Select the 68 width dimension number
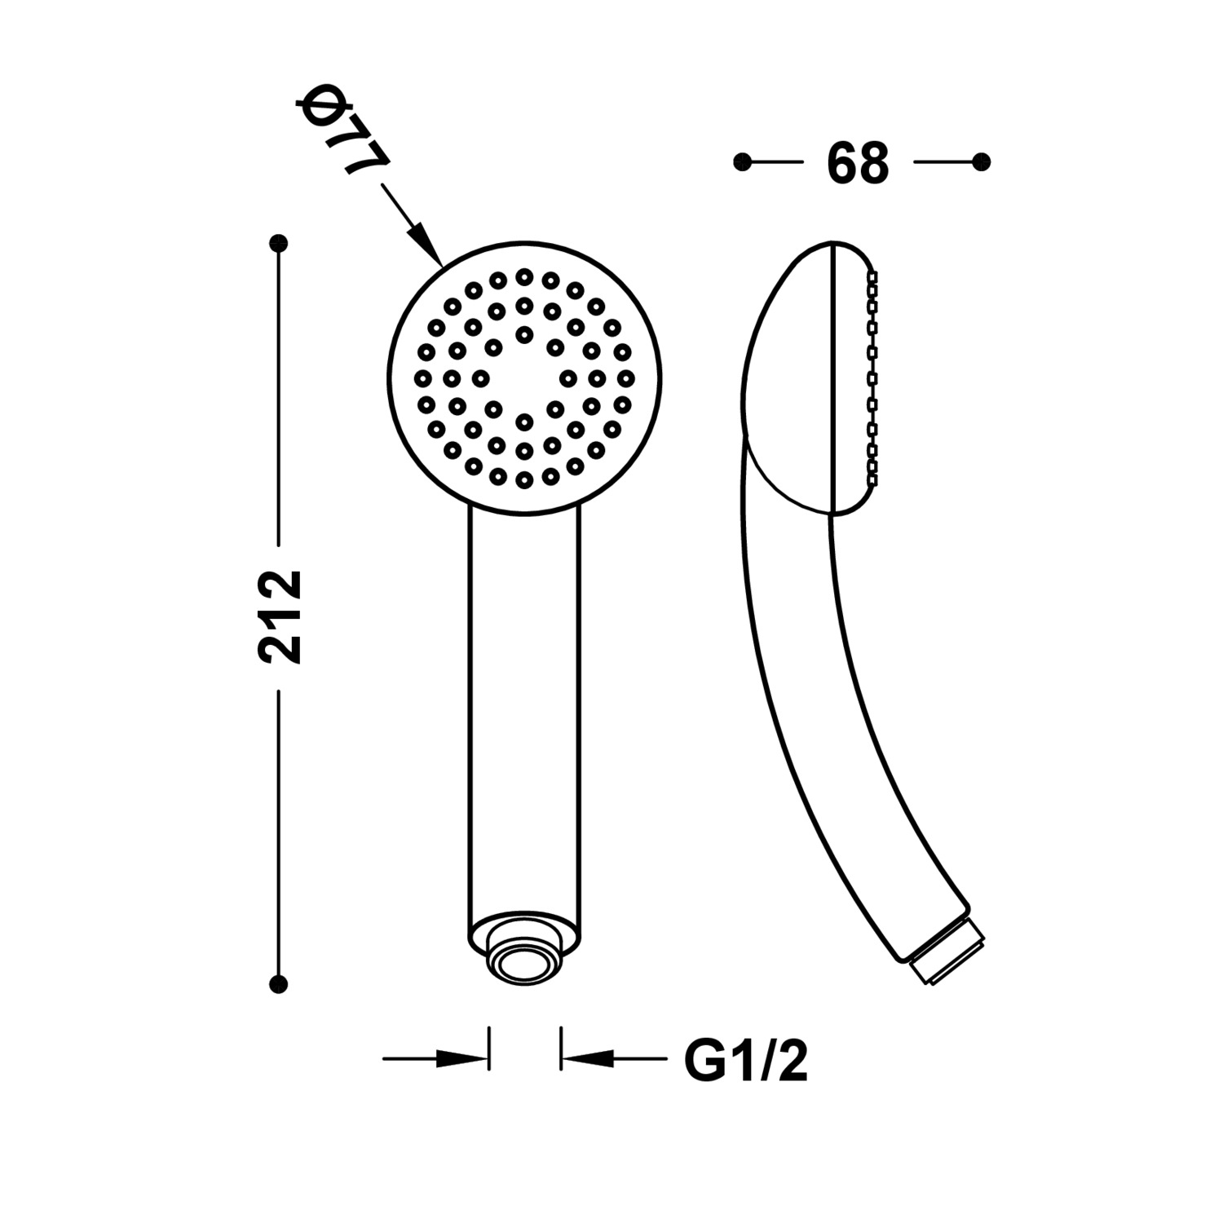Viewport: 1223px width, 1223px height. pyautogui.click(x=857, y=163)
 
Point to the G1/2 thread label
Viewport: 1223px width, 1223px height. pyautogui.click(x=745, y=1061)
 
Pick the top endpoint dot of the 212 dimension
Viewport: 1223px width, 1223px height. pyautogui.click(x=279, y=243)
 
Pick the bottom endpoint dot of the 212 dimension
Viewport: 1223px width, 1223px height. pyautogui.click(x=279, y=984)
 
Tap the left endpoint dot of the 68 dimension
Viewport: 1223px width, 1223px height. pyautogui.click(x=742, y=162)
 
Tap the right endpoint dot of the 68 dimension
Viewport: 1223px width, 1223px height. pyautogui.click(x=982, y=162)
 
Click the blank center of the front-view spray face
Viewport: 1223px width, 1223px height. pyautogui.click(x=525, y=378)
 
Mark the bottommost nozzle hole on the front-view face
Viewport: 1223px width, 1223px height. pyautogui.click(x=524, y=480)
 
